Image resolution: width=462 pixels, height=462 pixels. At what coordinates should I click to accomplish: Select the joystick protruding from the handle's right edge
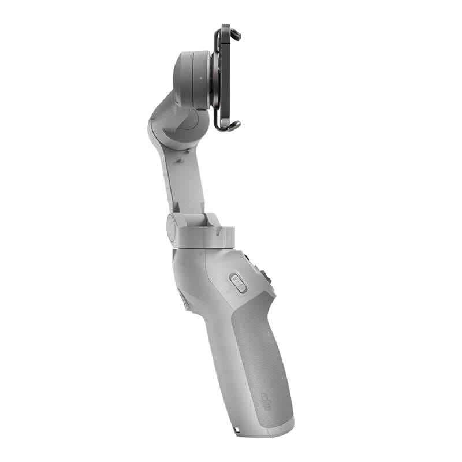pos(269,278)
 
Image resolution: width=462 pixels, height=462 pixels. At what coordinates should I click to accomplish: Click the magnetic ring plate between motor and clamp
pos(214,79)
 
